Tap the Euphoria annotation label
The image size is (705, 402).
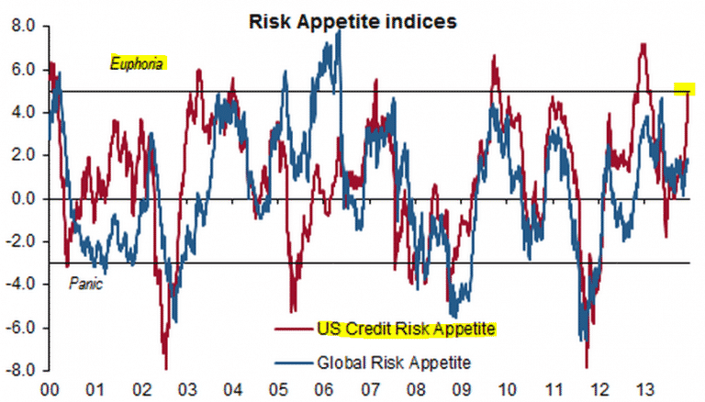138,64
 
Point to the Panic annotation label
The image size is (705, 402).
86,285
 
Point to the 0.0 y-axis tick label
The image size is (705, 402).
19,198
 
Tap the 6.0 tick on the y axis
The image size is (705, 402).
19,70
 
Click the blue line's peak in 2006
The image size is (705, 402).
339,31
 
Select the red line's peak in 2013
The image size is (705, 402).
643,45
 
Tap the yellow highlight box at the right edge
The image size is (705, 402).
684,89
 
